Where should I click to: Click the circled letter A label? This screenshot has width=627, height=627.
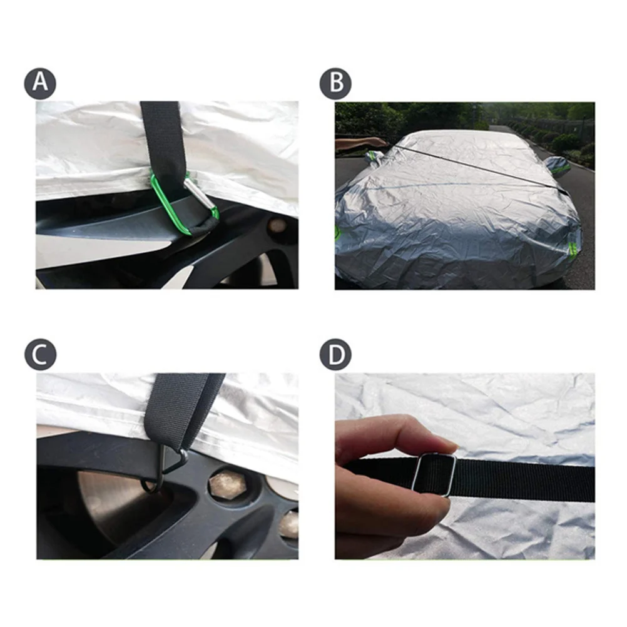40,83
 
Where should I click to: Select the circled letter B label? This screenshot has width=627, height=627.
335,83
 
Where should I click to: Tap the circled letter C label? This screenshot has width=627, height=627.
40,355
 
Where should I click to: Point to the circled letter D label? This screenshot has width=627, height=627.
335,355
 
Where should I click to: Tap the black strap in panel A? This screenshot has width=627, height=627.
161,135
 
